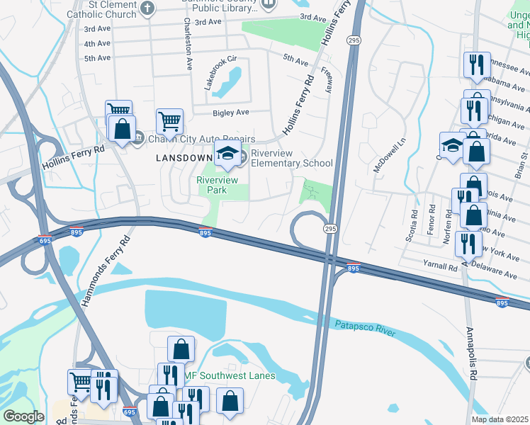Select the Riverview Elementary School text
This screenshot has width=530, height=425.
tap(292, 158)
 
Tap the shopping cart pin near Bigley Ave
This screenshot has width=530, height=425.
tap(170, 123)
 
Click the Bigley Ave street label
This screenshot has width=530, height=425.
tap(231, 113)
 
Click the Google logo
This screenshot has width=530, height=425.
tap(23, 416)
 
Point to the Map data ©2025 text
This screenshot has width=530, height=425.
tap(500, 419)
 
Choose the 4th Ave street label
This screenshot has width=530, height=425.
tap(97, 44)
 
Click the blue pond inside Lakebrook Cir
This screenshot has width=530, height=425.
tap(230, 83)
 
